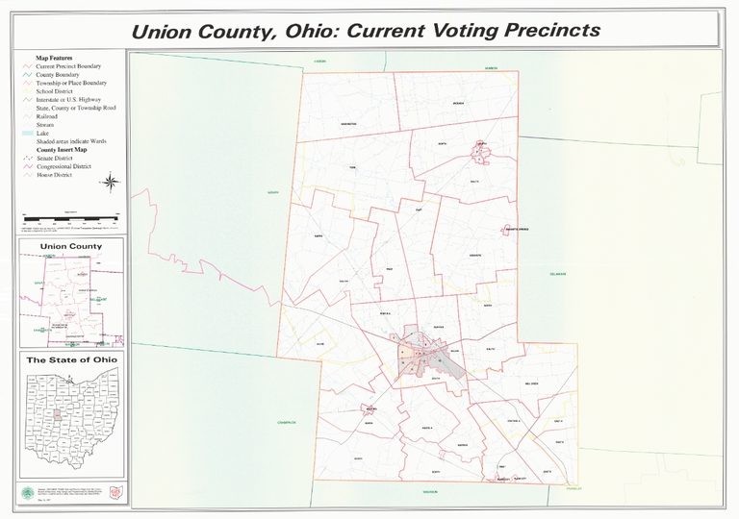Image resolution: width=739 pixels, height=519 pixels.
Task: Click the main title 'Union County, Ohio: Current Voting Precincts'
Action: coord(365,31)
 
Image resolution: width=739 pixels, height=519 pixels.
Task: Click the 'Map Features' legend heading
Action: coord(55,58)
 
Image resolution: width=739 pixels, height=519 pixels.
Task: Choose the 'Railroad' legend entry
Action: coord(48,116)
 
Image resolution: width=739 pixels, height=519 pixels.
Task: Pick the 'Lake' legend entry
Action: coord(43,133)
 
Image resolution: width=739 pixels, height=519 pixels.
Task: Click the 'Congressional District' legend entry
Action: coord(65,166)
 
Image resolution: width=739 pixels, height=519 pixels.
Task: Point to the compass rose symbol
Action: coord(111,183)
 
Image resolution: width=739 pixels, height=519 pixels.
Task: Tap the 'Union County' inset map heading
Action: coord(71,247)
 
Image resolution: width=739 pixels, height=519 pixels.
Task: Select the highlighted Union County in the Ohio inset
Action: coord(57,415)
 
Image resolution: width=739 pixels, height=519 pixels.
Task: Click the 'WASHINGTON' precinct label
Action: coord(348,125)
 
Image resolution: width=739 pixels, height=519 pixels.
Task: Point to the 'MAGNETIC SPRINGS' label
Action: coord(518,230)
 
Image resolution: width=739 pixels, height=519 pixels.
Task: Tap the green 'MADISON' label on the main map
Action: coord(430,491)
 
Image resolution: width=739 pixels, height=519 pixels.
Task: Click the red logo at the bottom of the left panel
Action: coord(116,492)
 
